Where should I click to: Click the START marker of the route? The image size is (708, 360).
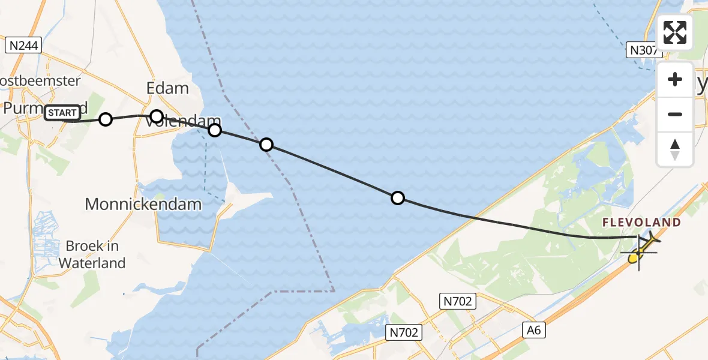click(x=62, y=112)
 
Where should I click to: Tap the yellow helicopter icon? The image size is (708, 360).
click(x=642, y=249)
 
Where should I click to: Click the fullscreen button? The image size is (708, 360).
click(x=675, y=32)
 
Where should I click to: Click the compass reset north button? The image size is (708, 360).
click(x=675, y=149)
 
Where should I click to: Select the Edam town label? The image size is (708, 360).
click(x=167, y=88)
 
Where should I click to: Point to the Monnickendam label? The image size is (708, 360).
click(x=143, y=204)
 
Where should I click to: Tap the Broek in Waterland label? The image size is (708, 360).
click(x=92, y=254)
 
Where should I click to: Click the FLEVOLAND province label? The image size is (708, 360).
click(x=641, y=223)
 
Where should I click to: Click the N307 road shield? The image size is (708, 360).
click(x=643, y=50)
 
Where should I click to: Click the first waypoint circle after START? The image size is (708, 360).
click(x=106, y=119)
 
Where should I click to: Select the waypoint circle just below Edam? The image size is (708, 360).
click(x=156, y=116)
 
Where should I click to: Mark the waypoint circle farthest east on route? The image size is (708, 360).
click(x=397, y=198)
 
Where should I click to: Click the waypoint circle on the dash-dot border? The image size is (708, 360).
click(x=266, y=145)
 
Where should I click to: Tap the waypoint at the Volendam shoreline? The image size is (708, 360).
click(x=214, y=130)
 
